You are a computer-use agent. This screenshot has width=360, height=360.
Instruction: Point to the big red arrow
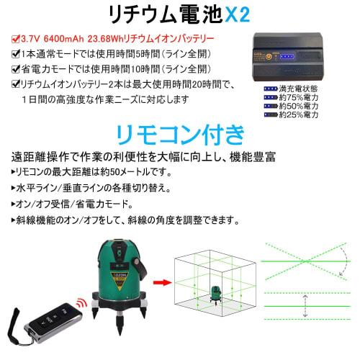point(161,283)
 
